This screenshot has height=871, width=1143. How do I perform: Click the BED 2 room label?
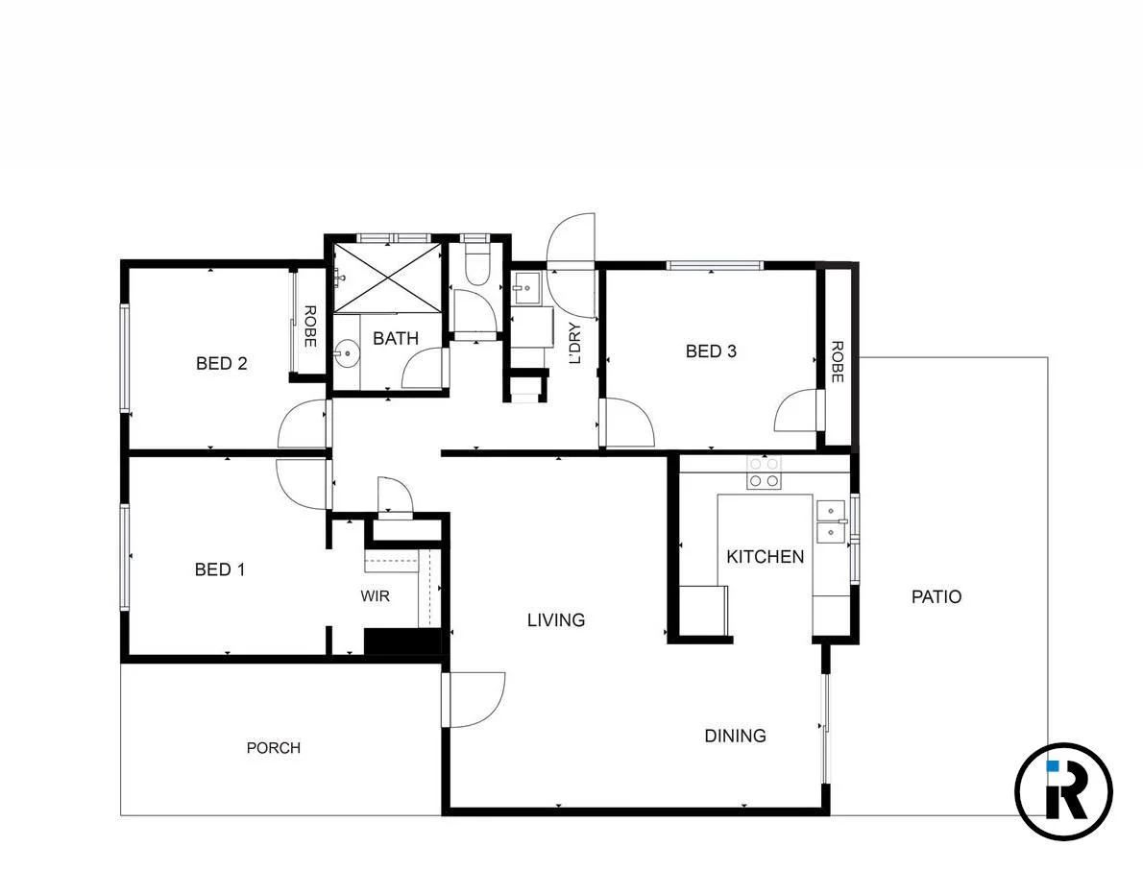pyautogui.click(x=222, y=363)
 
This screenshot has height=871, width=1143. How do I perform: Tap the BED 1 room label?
pyautogui.click(x=220, y=569)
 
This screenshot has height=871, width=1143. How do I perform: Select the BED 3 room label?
pyautogui.click(x=711, y=351)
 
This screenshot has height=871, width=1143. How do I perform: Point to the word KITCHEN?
pyautogui.click(x=765, y=557)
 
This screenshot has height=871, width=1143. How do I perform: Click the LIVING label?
pyautogui.click(x=556, y=620)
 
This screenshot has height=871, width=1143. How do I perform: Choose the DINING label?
pyautogui.click(x=736, y=736)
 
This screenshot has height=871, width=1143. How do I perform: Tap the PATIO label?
pyautogui.click(x=936, y=596)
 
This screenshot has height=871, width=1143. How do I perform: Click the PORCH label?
pyautogui.click(x=274, y=747)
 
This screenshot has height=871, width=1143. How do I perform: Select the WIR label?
pyautogui.click(x=376, y=596)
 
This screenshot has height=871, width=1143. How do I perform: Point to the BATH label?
pyautogui.click(x=396, y=338)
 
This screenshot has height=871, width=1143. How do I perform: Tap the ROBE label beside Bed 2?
pyautogui.click(x=310, y=326)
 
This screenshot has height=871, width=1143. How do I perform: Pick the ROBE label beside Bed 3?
pyautogui.click(x=837, y=362)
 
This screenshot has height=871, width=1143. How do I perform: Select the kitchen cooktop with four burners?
pyautogui.click(x=765, y=473)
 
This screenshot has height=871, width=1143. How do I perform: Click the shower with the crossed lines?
pyautogui.click(x=388, y=277)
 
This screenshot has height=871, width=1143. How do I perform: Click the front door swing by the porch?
pyautogui.click(x=474, y=699)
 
